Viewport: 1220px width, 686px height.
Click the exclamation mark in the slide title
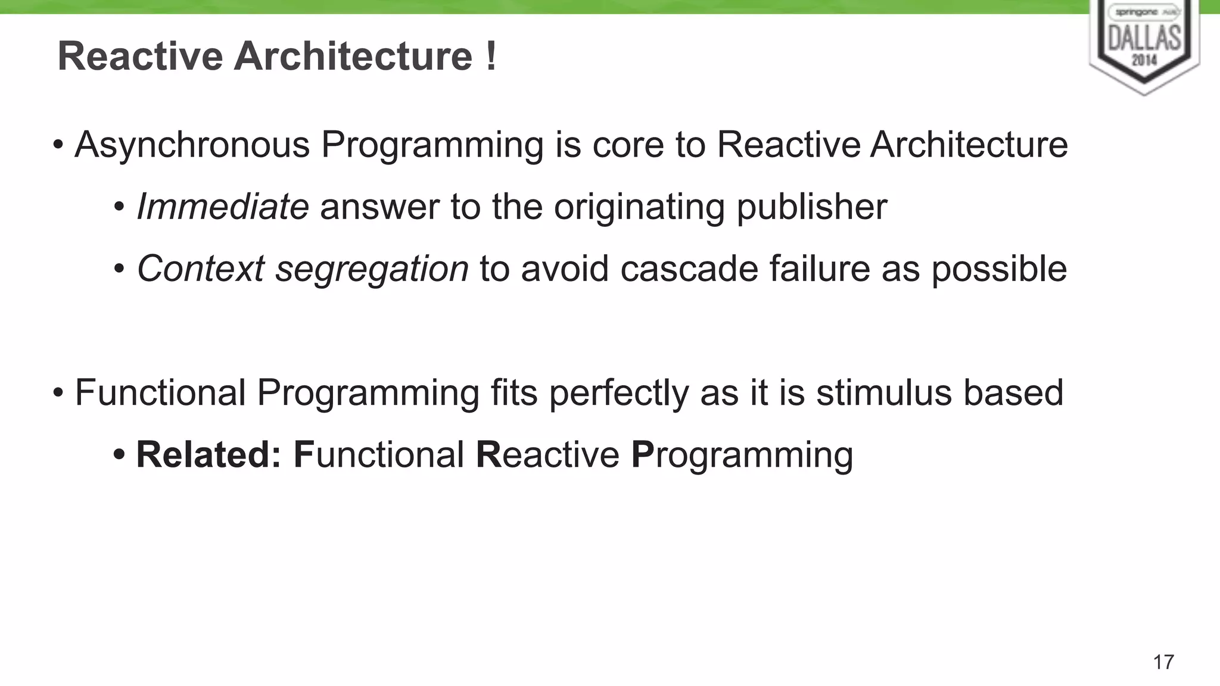[490, 56]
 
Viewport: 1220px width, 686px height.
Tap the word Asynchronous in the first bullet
[192, 145]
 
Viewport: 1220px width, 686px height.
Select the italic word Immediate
[223, 207]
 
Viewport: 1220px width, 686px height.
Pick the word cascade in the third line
[689, 269]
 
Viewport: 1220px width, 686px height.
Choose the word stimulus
[883, 393]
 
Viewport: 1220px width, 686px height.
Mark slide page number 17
[1163, 662]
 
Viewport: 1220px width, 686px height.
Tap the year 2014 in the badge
[1144, 60]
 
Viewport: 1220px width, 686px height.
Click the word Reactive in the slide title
[140, 57]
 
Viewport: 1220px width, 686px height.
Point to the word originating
[639, 208]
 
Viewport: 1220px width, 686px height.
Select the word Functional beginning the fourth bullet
[160, 393]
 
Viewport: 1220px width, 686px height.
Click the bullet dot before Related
[119, 456]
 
